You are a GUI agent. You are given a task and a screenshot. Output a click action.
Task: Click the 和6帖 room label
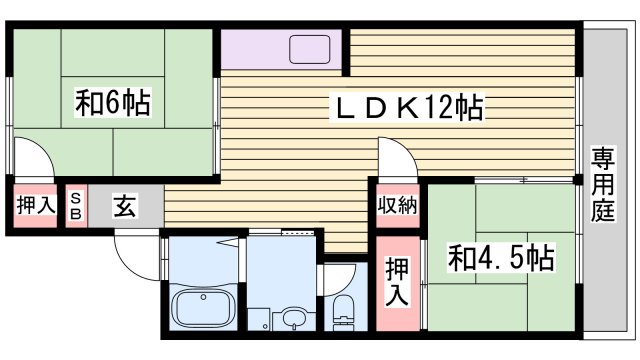point(113,103)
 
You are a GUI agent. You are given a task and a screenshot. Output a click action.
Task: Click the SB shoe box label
point(76,206)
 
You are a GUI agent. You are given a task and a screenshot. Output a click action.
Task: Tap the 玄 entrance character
point(124,207)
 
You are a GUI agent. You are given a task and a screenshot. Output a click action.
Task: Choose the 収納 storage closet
point(396,206)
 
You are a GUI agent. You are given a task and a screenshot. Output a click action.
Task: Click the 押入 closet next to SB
point(35,206)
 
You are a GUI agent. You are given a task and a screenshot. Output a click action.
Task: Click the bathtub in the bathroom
point(203,306)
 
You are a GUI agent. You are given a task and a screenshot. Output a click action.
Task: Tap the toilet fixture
point(341,313)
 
